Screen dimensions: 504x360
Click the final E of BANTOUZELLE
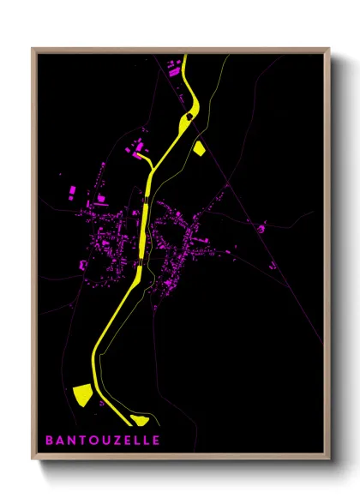coord(155,441)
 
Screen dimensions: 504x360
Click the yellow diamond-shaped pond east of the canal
coord(200,149)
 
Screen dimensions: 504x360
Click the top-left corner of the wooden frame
coord(33,49)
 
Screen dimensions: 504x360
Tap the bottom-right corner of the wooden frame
coord(330,460)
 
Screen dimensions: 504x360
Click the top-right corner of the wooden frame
coord(330,49)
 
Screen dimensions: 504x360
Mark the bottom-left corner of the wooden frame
coord(33,460)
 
